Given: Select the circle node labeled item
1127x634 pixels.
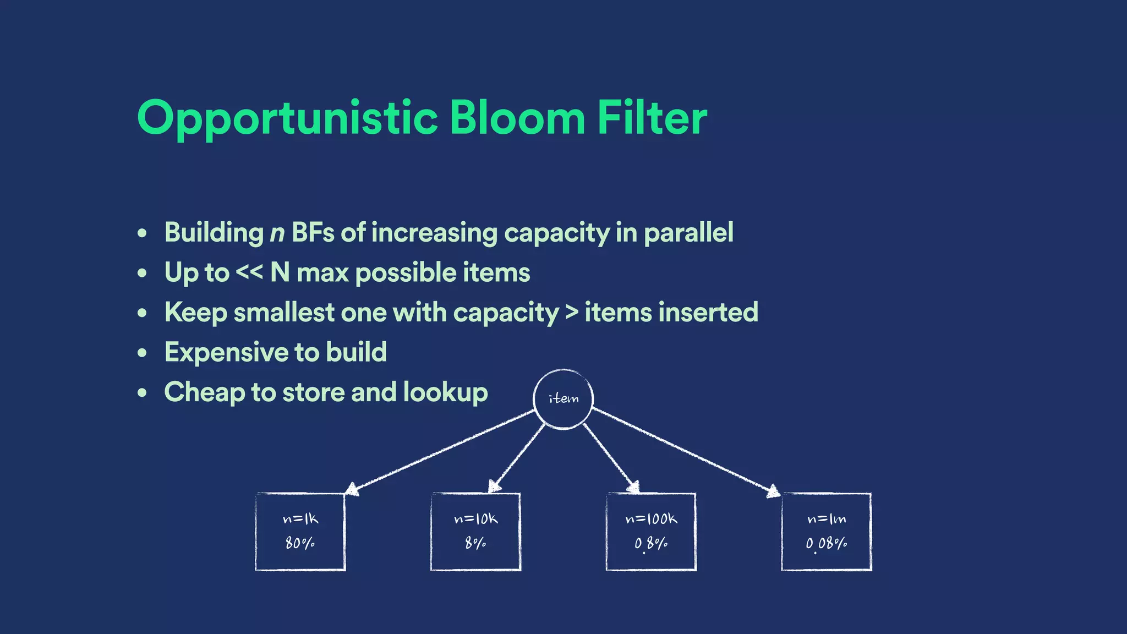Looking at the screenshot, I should pos(563,398).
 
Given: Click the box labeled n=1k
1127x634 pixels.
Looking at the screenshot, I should pos(300,532).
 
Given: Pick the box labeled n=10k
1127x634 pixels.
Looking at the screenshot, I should pos(475,532).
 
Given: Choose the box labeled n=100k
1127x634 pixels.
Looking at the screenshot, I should pos(651,532).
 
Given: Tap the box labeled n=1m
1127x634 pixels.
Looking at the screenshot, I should pos(826,532).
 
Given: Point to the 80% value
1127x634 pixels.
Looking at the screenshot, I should pos(300,544).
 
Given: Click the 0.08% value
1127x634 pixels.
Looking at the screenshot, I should pos(826,544).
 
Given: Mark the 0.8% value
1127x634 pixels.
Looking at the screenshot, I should pos(651,544).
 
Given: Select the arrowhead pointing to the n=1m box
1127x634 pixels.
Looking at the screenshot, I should pos(773,491).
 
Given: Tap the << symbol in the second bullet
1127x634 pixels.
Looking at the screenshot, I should pos(249,272).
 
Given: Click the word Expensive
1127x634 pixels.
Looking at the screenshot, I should pos(225,352).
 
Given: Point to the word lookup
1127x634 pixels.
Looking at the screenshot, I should pos(445,393).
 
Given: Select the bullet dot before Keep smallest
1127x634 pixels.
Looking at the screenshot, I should pos(143,313).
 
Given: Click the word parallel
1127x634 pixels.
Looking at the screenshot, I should pos(688,233).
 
